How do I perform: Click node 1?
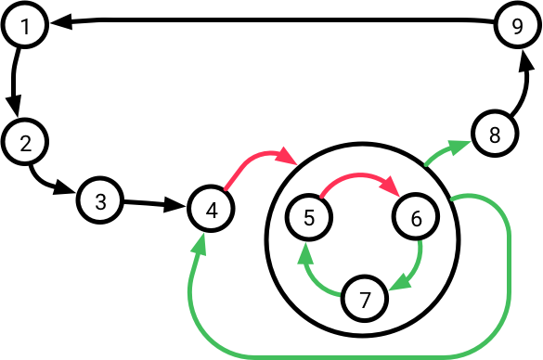[x=25, y=26]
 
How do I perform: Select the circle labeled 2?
[x=25, y=143]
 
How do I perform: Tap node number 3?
[x=100, y=200]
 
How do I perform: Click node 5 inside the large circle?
[x=309, y=218]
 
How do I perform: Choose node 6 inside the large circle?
[x=415, y=218]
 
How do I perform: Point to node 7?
[x=364, y=298]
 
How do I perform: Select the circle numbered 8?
[x=494, y=135]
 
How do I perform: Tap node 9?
[x=517, y=26]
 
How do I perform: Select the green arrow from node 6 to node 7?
[x=416, y=264]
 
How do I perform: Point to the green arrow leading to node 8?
[x=446, y=153]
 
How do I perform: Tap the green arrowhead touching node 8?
[x=463, y=145]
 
